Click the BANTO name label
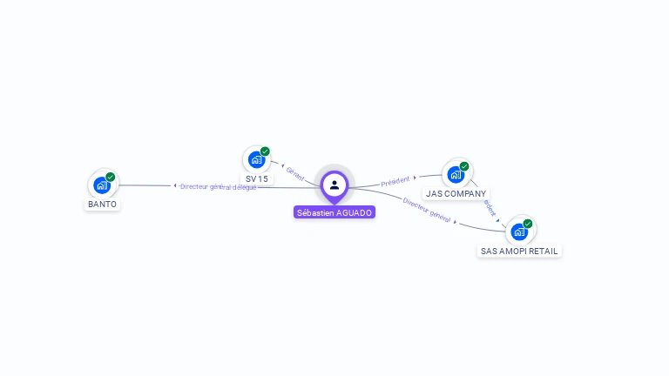coord(102,204)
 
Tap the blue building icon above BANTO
coord(102,185)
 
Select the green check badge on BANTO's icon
coord(111,177)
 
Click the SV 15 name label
coord(257,178)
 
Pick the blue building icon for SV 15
coord(256,159)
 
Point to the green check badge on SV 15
coord(265,151)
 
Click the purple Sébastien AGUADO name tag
coord(334,212)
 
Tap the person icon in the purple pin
coord(334,185)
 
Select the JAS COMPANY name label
coord(456,193)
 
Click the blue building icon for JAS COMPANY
coord(456,174)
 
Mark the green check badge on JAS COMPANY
coord(464,166)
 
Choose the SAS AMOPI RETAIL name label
coord(519,251)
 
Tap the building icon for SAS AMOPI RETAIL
coord(519,232)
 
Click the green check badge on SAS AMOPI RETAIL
coord(528,224)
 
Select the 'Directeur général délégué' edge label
coord(219,186)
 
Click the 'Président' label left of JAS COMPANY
coord(395,181)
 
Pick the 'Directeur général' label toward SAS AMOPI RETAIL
coord(427,211)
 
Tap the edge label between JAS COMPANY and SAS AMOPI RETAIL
coord(489,207)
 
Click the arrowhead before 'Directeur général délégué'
coord(175,185)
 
